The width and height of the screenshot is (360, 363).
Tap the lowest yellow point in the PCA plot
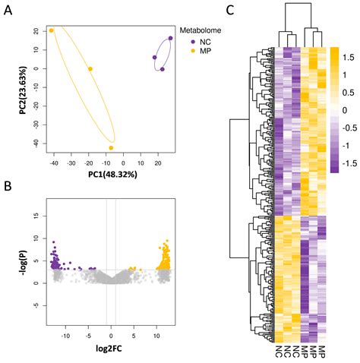112,147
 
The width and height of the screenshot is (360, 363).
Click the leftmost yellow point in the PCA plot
52,31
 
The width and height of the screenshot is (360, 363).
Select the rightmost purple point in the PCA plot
171,38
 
